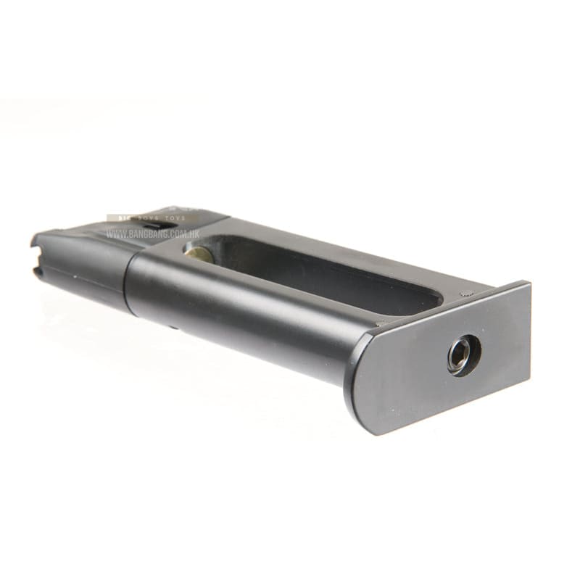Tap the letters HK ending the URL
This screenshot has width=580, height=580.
(x=194, y=234)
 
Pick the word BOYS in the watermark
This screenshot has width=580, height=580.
(x=153, y=218)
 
